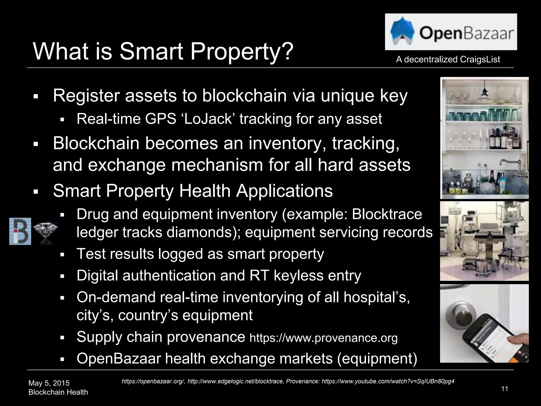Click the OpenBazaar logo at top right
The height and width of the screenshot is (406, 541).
point(451,32)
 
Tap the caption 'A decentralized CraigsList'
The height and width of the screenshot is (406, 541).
point(448,59)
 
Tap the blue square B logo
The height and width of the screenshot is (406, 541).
point(20,231)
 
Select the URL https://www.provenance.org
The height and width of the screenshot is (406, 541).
point(323,338)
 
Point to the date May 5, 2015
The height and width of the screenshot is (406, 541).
point(49,383)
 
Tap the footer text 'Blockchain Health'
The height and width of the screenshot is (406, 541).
point(58,392)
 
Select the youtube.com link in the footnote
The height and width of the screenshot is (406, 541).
point(388,381)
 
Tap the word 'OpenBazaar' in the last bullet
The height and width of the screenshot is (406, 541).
point(119,359)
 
